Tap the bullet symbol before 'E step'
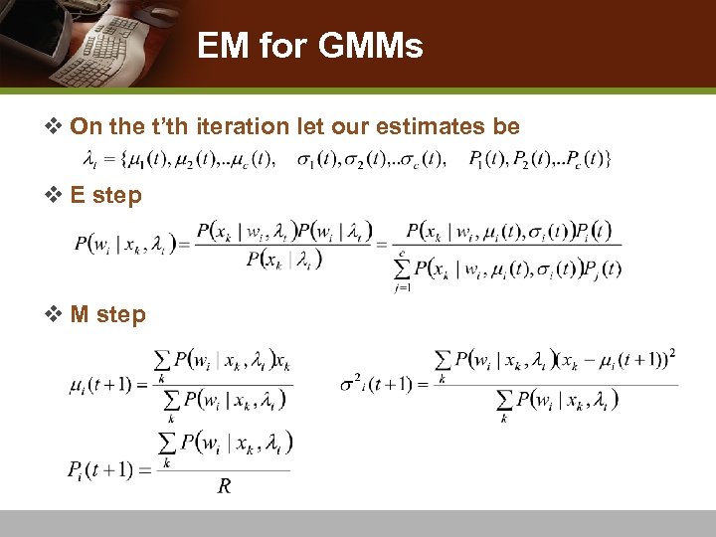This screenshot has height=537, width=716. click(x=56, y=195)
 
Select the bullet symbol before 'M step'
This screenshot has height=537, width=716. click(x=56, y=314)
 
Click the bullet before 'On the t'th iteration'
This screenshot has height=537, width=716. click(x=56, y=126)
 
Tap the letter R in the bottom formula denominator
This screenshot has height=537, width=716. click(x=225, y=486)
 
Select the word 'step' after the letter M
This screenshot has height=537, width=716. click(x=121, y=314)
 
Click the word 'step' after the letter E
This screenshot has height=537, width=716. click(x=117, y=195)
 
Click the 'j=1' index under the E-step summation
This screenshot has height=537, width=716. click(x=403, y=288)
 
